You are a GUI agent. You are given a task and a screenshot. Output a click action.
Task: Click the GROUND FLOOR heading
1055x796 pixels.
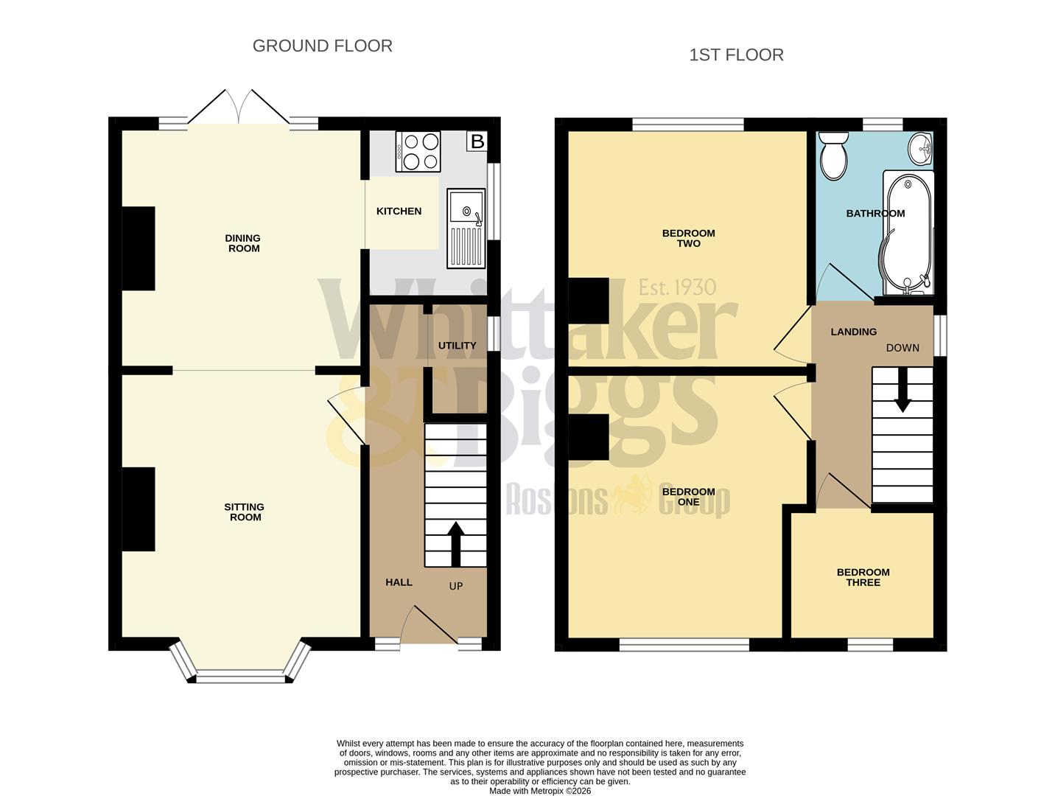point(322,46)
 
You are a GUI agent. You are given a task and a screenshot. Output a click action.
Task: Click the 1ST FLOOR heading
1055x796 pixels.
point(735,55)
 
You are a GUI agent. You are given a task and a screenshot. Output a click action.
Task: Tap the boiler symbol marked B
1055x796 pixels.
point(477,141)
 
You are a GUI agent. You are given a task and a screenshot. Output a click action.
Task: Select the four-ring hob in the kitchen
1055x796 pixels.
point(418,151)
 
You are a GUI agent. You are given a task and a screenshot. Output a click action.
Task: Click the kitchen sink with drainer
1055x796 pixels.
point(466,228)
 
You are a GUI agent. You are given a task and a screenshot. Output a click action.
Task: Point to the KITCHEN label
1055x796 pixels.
point(399,212)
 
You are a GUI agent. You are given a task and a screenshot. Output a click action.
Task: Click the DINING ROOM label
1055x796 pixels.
point(243,243)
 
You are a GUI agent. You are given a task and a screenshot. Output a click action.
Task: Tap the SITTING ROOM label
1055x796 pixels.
point(244,512)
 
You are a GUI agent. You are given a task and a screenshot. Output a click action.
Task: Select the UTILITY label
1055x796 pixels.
point(457,346)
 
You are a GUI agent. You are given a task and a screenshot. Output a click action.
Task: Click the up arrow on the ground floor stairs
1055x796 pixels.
point(455,544)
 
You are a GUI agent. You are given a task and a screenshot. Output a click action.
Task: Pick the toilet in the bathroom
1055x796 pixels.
point(835,156)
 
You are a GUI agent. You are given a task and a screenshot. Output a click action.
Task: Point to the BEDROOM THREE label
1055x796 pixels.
point(863,577)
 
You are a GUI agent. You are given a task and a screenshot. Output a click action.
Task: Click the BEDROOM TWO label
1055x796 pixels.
point(688,238)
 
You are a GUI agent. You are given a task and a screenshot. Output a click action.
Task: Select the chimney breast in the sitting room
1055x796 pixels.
point(139,509)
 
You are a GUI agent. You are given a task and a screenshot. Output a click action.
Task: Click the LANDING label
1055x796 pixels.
point(853,332)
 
